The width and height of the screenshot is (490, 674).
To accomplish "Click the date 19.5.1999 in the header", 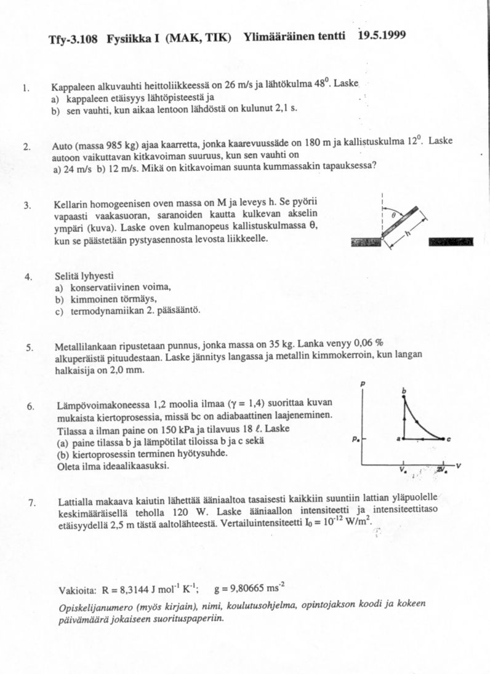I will pos(382,35).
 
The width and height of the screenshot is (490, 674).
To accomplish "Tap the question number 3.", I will pos(27,205).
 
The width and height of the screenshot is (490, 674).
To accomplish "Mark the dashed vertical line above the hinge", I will pos(383,212).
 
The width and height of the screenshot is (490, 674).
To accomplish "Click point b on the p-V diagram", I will pos(404,392).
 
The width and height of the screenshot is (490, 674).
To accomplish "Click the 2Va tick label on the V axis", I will pos(442,471).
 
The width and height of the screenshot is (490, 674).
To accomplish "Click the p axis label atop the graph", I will pos(363,383).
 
